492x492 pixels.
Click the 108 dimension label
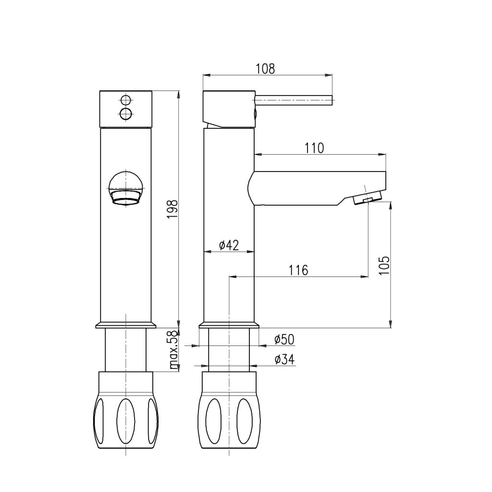(x=265, y=69)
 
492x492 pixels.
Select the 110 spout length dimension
(x=314, y=148)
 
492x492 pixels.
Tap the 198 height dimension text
(x=172, y=209)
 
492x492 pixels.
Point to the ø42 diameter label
(x=229, y=245)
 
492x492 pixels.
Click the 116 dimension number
(x=298, y=270)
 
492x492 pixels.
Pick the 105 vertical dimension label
(x=384, y=265)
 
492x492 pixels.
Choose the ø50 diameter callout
(x=284, y=340)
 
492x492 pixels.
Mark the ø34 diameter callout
(x=284, y=359)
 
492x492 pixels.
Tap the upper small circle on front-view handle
(x=126, y=100)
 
